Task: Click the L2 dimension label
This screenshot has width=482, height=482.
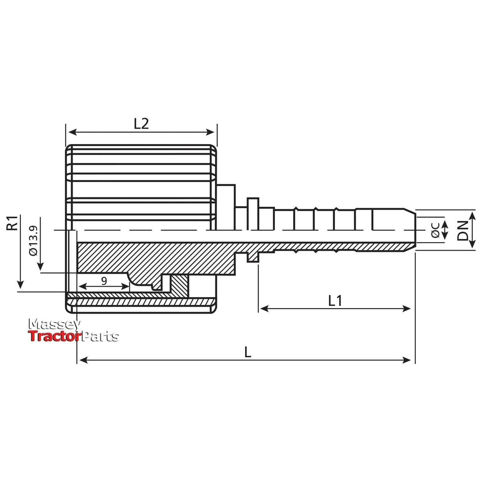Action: point(141,124)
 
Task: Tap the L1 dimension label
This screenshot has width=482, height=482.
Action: point(335,301)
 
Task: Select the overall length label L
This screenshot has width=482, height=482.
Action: point(247,353)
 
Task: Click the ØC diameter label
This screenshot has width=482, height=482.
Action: point(435,230)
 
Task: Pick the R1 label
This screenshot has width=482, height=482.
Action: point(12,223)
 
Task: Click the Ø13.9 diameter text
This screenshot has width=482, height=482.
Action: point(33,241)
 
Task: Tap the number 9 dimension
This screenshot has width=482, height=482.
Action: point(104,281)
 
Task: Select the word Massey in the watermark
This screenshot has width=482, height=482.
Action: point(53,325)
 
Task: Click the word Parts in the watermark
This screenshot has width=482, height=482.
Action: point(100,336)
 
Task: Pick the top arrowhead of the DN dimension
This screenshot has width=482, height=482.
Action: point(472,215)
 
